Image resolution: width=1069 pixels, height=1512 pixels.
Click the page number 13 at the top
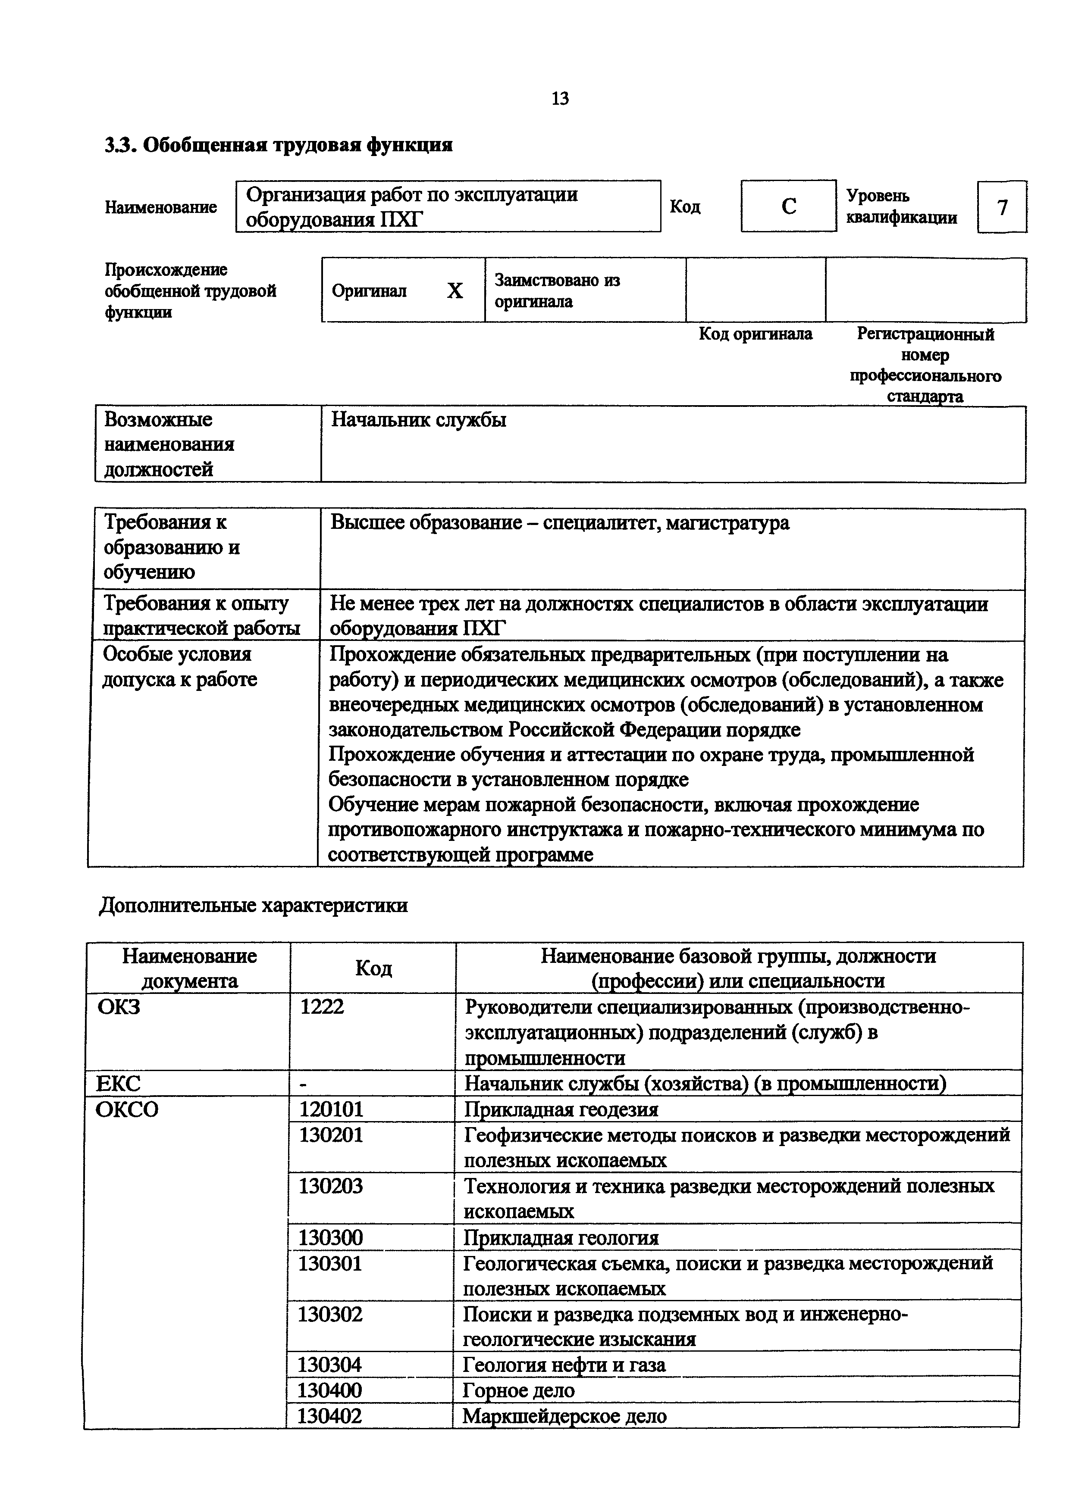coord(559,99)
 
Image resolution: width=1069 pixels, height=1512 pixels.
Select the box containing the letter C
coord(788,206)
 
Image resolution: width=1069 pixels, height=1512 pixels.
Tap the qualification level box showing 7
coord(1002,207)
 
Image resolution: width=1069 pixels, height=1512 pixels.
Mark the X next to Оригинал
coord(455,291)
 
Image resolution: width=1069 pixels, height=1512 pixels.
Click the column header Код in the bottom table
coord(373,968)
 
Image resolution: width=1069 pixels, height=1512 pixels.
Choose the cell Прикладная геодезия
coord(561,1109)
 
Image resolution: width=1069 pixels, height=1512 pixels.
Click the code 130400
coord(329,1390)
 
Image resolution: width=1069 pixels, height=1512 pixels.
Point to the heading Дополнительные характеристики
coord(253,906)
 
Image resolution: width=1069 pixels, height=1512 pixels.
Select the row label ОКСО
coord(127,1109)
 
